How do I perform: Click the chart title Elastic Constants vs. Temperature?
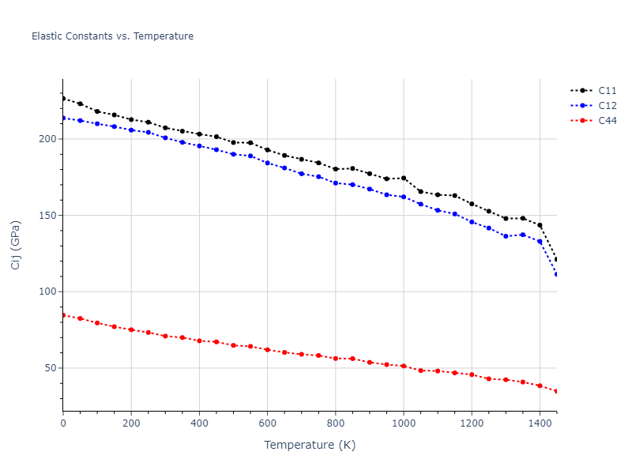(x=112, y=36)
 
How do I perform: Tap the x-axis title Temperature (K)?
(x=310, y=445)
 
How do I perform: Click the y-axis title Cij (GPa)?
(x=16, y=245)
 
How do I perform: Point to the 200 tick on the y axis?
(x=50, y=139)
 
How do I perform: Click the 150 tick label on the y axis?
(x=50, y=216)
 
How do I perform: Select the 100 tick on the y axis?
(x=50, y=292)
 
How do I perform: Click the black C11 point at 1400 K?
(x=540, y=225)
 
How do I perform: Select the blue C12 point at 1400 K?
(x=540, y=242)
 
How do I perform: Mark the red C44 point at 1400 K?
(x=540, y=386)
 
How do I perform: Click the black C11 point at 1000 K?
(x=404, y=178)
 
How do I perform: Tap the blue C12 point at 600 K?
(x=267, y=163)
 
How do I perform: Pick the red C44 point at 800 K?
(x=336, y=359)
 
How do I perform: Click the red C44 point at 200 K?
(x=131, y=329)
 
